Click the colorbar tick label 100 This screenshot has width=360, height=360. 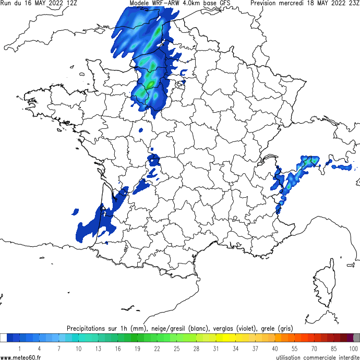pos(353,348)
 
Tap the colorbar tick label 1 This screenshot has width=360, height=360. pos(19,348)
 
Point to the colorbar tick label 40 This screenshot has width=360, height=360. pos(275,348)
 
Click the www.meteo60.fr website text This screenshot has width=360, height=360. pos(21,356)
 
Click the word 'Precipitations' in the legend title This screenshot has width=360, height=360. pos(89,328)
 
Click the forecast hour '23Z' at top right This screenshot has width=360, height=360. pos(353,3)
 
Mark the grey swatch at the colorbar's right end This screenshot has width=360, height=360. pos(356,338)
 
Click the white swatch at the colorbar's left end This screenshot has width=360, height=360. pos(3,338)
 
